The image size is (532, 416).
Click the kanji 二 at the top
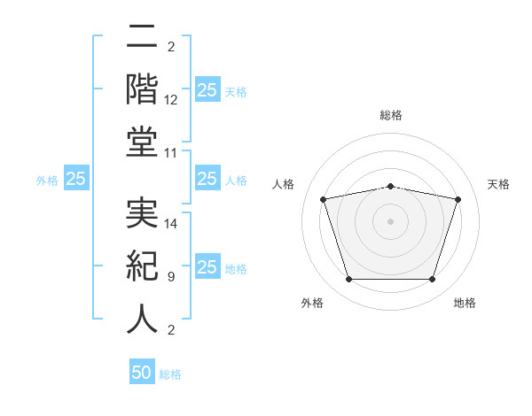(142, 38)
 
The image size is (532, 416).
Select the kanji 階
(142, 89)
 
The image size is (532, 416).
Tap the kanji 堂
(142, 142)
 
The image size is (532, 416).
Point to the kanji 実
(142, 213)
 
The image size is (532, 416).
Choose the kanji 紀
(142, 266)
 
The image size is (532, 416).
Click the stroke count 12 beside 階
(172, 100)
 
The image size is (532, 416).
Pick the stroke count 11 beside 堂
(172, 153)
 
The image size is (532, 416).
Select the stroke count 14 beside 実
(172, 224)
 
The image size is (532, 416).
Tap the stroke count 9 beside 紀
(170, 277)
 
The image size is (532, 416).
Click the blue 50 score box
(142, 373)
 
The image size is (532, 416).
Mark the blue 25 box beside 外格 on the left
(75, 179)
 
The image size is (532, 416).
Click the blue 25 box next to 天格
(207, 89)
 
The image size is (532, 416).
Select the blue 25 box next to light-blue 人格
(207, 179)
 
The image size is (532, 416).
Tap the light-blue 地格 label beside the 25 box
(236, 269)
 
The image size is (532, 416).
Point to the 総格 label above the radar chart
(391, 116)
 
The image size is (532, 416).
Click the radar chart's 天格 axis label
(499, 184)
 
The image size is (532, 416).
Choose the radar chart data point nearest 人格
(325, 199)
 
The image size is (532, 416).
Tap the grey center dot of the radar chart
(391, 220)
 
